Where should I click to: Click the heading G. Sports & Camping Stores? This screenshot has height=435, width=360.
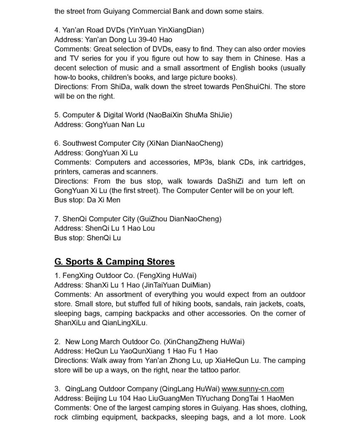pos(115,261)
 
